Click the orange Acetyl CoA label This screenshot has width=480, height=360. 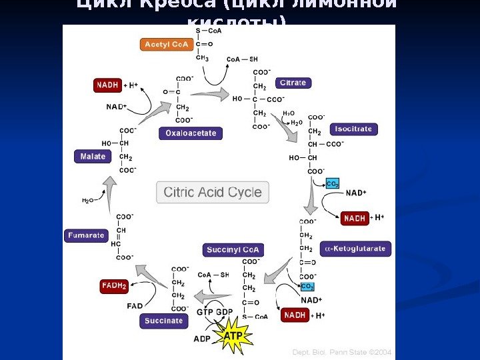click(x=167, y=45)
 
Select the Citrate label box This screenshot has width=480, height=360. click(x=293, y=83)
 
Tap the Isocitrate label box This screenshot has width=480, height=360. click(x=353, y=129)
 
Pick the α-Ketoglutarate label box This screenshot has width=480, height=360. click(x=355, y=249)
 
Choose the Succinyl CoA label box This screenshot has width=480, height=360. click(x=233, y=250)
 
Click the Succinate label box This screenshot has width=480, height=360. click(x=163, y=321)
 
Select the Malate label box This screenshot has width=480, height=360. click(x=93, y=157)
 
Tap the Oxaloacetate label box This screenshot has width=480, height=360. click(x=191, y=133)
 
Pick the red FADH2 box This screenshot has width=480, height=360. click(x=114, y=286)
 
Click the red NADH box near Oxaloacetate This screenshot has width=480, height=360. click(x=107, y=85)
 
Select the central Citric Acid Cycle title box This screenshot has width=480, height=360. click(x=213, y=193)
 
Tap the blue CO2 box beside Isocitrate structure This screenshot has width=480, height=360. click(x=333, y=183)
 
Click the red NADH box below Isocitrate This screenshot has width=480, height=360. click(x=355, y=218)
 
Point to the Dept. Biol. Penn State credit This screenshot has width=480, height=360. click(x=342, y=352)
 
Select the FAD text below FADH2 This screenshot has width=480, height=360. click(x=135, y=306)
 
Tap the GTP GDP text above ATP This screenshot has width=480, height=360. click(x=215, y=312)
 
